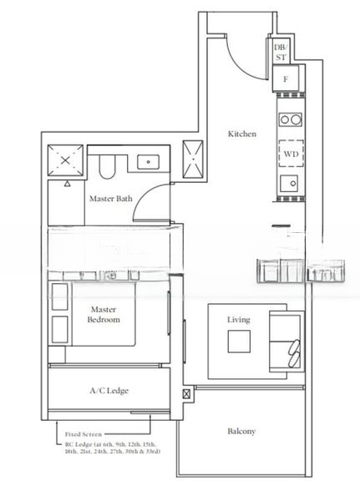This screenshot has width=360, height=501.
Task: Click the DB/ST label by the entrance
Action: (279, 53)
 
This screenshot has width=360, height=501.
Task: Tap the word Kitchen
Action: (242, 134)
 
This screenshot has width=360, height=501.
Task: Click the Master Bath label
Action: (109, 198)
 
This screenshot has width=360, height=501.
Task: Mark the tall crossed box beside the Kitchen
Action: (195, 158)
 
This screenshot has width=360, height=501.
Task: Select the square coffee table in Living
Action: (240, 342)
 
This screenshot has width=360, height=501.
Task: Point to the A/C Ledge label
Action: (109, 390)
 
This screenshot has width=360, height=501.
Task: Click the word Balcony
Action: (241, 432)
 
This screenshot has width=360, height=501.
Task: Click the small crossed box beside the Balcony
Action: (186, 394)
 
